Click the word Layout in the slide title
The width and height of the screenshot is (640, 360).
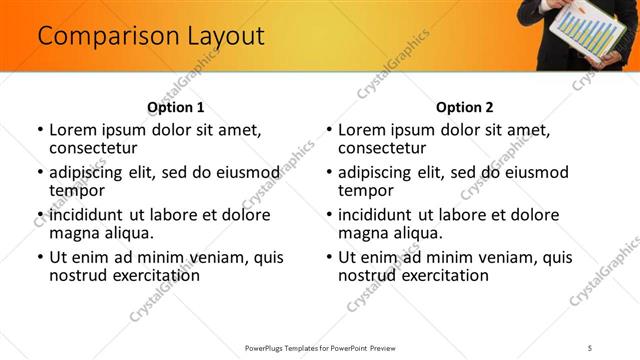pyautogui.click(x=224, y=37)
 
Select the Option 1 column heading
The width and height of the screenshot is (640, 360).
pyautogui.click(x=175, y=107)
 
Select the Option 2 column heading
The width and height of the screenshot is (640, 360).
pyautogui.click(x=464, y=107)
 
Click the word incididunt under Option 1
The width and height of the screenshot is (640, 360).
pyautogui.click(x=87, y=215)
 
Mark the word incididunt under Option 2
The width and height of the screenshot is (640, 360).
pyautogui.click(x=376, y=215)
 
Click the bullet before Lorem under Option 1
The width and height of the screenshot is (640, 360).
pyautogui.click(x=39, y=130)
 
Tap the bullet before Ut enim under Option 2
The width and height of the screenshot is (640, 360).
pyautogui.click(x=328, y=257)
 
